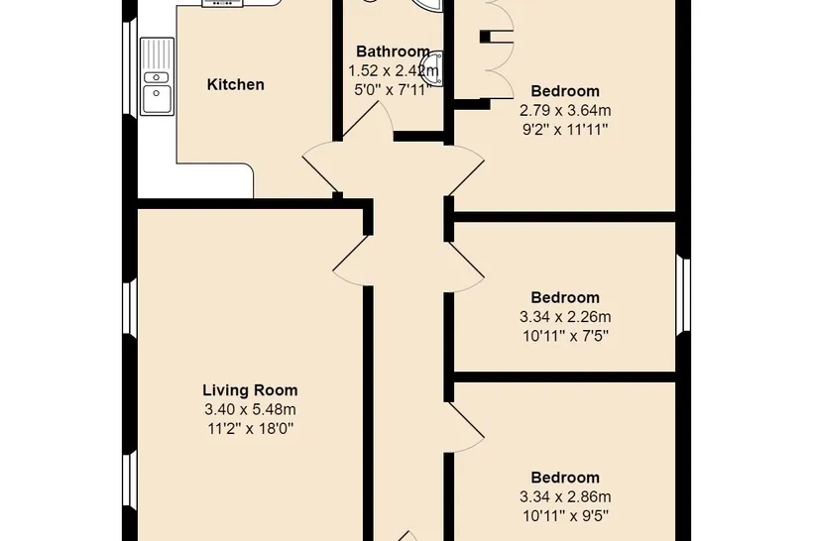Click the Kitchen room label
tap(235, 84)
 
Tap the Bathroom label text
tap(393, 52)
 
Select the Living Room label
tap(250, 389)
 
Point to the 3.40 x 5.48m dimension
tap(250, 409)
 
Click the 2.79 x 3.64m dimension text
tap(565, 110)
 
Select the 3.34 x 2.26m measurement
tap(565, 317)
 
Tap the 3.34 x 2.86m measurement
tap(565, 497)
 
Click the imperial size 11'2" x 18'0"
tap(250, 429)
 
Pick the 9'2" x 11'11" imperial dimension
tap(565, 130)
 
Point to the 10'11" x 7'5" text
tap(565, 336)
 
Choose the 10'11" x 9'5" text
tap(565, 516)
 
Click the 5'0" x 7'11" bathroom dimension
tap(393, 90)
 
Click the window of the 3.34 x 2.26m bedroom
tap(683, 294)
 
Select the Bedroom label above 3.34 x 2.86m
tap(565, 478)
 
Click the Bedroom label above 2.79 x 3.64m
tap(565, 91)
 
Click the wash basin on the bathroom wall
tap(436, 68)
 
